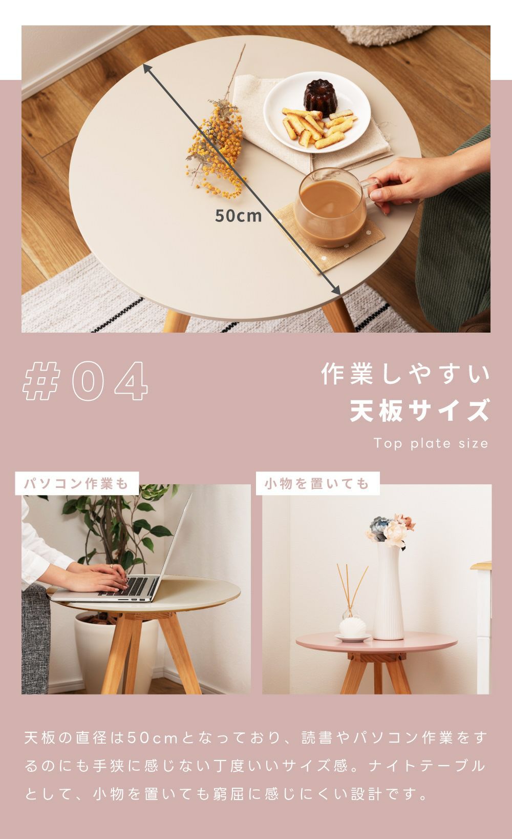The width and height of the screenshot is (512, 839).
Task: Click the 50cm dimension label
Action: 239,216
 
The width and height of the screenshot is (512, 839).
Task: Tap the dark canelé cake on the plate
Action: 321,97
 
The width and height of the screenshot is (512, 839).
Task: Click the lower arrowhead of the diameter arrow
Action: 336,290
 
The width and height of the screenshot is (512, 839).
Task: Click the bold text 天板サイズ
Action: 419,410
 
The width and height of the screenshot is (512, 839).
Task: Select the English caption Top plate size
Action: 431,443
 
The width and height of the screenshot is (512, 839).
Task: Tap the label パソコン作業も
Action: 77,483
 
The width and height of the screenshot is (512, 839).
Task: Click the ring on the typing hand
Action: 111,566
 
